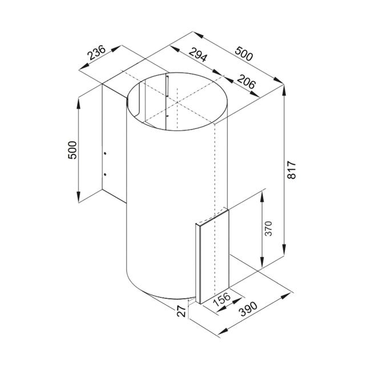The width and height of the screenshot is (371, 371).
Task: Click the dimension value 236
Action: pyautogui.click(x=96, y=53)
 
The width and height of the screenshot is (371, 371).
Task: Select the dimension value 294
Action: pyautogui.click(x=197, y=55)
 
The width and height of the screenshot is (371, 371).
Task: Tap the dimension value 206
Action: pyautogui.click(x=247, y=82)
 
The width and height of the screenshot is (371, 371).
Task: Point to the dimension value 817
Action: pyautogui.click(x=292, y=170)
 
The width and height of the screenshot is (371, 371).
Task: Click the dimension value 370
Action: pyautogui.click(x=269, y=228)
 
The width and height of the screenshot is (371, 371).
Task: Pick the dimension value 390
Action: pyautogui.click(x=248, y=309)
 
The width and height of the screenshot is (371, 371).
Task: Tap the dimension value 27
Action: pyautogui.click(x=182, y=311)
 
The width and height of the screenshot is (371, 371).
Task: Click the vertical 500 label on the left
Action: pyautogui.click(x=72, y=150)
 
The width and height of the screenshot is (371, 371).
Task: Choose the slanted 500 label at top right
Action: pyautogui.click(x=244, y=54)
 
